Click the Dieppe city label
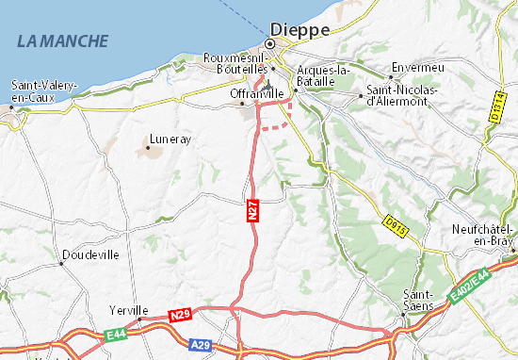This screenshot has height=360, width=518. click(299, 29)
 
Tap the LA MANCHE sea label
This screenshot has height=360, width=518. click(62, 41)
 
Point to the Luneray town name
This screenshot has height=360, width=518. click(170, 139)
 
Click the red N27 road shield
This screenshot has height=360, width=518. click(253, 211)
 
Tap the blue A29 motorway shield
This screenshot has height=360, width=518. click(200, 344)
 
